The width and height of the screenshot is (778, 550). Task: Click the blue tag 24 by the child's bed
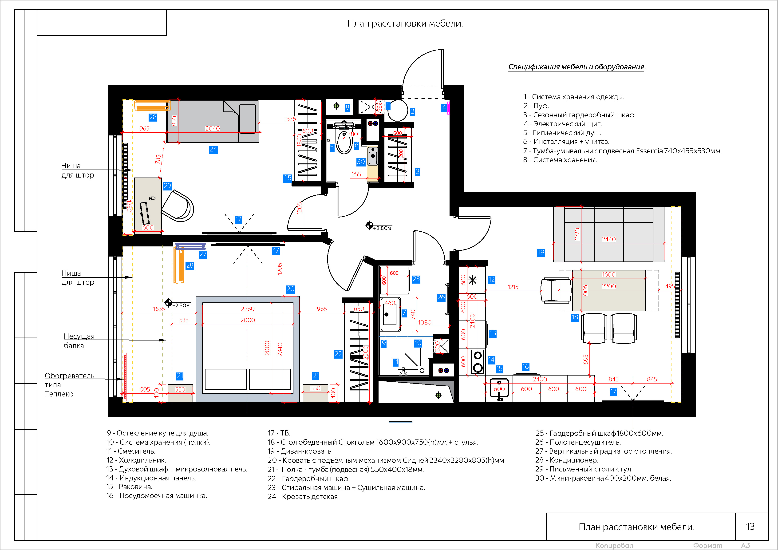pyautogui.click(x=213, y=150)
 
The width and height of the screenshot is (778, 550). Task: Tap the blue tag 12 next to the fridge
pyautogui.click(x=492, y=280)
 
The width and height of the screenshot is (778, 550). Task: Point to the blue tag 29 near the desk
pyautogui.click(x=167, y=186)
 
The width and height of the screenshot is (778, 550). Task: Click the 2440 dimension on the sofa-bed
pyautogui.click(x=608, y=239)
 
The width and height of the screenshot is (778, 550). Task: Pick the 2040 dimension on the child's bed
pyautogui.click(x=213, y=128)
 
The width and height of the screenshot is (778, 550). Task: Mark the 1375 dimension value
pyautogui.click(x=290, y=119)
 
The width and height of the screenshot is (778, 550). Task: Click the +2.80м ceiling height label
pyautogui.click(x=382, y=228)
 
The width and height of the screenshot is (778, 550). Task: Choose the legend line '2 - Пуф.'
pyautogui.click(x=536, y=106)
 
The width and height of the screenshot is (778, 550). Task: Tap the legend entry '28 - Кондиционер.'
pyautogui.click(x=567, y=460)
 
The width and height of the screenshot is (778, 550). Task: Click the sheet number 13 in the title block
pyautogui.click(x=750, y=527)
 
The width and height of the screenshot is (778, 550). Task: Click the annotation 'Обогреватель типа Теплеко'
pyautogui.click(x=69, y=385)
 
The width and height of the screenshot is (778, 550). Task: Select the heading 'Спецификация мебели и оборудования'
pyautogui.click(x=576, y=67)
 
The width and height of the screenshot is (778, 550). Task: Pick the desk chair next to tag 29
pyautogui.click(x=178, y=206)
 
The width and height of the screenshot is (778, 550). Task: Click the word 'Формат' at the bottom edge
pyautogui.click(x=707, y=546)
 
